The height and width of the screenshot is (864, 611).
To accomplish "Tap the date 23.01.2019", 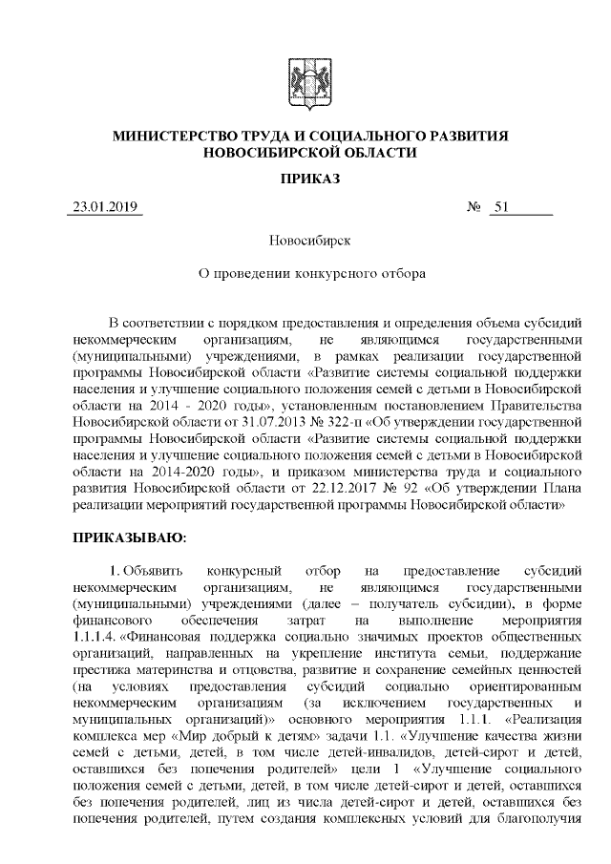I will click(104, 207).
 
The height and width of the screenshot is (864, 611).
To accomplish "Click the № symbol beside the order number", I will click(472, 207).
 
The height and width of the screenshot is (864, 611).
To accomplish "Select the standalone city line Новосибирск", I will click(305, 241).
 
